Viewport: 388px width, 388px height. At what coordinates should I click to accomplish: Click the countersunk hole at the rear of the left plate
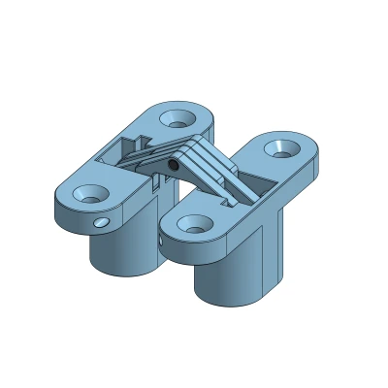tap(177, 118)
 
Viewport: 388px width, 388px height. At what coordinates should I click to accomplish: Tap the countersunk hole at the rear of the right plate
tap(281, 147)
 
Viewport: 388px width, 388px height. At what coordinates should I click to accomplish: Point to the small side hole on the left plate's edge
tap(100, 223)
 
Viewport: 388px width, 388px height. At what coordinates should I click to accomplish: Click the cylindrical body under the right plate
tap(228, 276)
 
